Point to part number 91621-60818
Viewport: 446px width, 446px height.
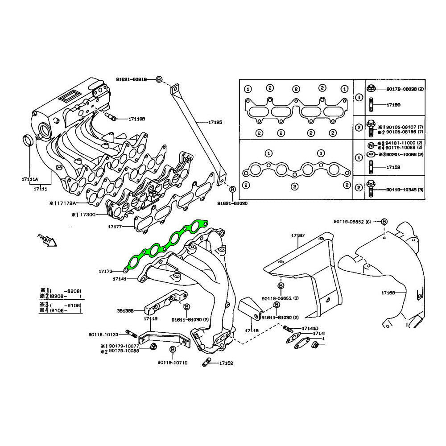click(x=131, y=79)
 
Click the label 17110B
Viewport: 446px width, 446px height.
click(x=137, y=119)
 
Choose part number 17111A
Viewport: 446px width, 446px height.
click(x=30, y=179)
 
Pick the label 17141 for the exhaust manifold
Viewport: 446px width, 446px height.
click(x=120, y=279)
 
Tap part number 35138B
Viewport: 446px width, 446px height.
click(x=125, y=310)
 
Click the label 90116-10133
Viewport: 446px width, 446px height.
click(x=103, y=334)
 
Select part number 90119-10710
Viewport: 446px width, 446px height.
click(x=172, y=363)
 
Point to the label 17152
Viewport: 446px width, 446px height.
click(x=226, y=363)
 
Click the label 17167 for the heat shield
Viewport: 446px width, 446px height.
click(x=298, y=235)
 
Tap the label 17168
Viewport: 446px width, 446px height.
click(x=388, y=293)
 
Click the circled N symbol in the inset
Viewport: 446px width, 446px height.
click(x=370, y=145)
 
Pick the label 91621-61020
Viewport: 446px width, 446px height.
click(x=232, y=203)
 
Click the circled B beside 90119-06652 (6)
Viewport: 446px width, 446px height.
click(x=384, y=222)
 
